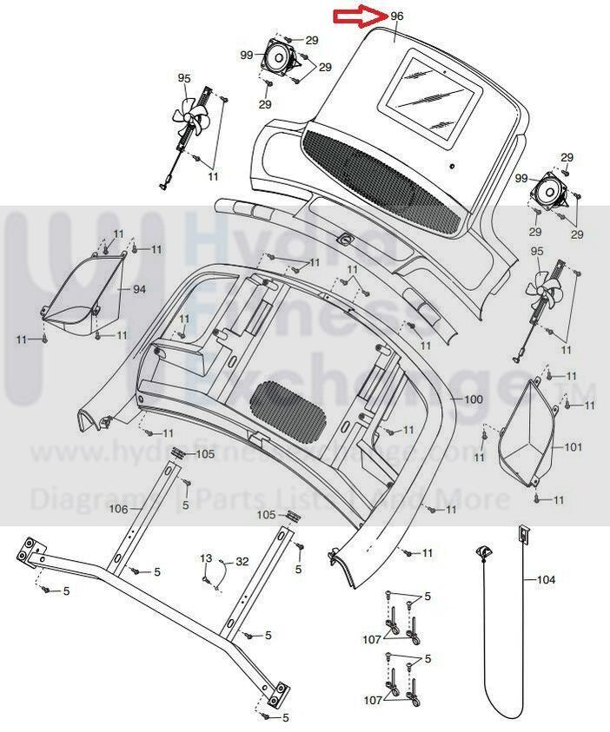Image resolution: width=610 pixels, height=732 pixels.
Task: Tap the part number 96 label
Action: pos(397,16)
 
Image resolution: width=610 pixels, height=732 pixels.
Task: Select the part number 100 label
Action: pos(473,399)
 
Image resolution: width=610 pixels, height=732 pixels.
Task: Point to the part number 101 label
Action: pos(573,447)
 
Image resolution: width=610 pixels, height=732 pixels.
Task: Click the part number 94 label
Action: pos(139,288)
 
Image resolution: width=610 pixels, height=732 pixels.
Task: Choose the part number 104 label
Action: pos(546,579)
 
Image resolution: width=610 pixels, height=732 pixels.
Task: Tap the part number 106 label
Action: pos(120,509)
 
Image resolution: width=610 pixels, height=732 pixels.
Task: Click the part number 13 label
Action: pos(206,557)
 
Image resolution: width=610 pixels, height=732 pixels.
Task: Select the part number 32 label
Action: pos(242,561)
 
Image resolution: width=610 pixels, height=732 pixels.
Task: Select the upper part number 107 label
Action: pos(372,639)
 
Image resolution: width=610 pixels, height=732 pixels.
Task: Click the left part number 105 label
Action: pos(204,453)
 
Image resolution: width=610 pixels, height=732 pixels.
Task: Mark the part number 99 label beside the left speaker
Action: pos(247,55)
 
